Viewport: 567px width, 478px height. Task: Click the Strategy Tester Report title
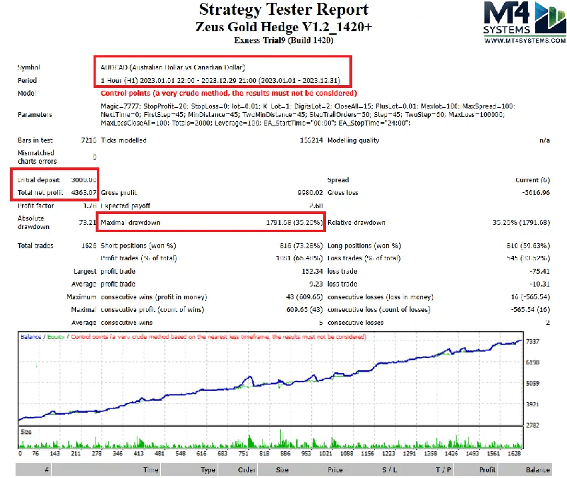[283, 10]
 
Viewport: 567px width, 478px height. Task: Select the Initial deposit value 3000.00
[83, 180]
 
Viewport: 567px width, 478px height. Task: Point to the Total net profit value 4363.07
[83, 192]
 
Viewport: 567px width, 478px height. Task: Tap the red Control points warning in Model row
[228, 93]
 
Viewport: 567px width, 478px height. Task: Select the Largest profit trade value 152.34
[310, 271]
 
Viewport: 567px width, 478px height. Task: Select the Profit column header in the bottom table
[487, 469]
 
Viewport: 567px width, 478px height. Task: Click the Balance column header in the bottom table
[537, 469]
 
